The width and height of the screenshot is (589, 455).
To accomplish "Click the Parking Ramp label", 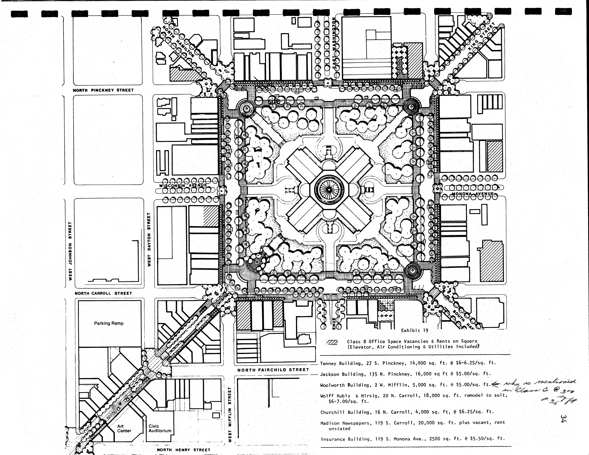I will tap(109, 323).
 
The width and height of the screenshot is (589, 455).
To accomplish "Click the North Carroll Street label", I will tap(103, 293).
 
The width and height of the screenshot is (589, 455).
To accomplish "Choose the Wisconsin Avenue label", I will tap(183, 186).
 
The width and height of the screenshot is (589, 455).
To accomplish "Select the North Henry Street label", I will tap(183, 450).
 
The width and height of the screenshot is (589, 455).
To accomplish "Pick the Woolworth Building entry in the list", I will tap(405, 385).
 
